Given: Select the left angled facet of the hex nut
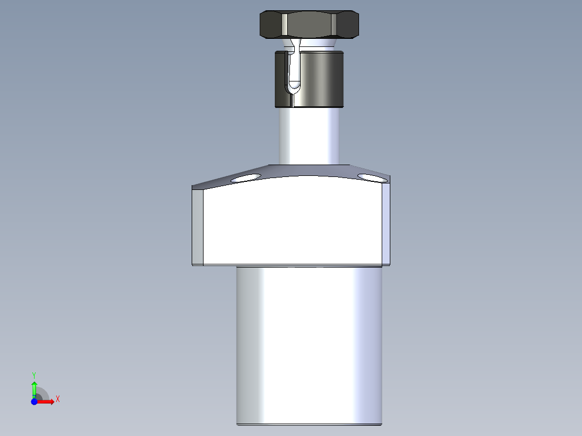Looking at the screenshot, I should point(270,25).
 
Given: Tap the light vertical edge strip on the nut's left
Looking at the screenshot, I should point(284,25).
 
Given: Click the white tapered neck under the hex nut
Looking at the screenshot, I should point(319,44).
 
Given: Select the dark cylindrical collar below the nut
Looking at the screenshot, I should point(319,78).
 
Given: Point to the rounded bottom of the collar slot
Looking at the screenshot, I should point(294,85).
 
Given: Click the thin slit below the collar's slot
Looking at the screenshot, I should point(292,99).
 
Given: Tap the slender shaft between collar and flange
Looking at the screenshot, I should point(309,135).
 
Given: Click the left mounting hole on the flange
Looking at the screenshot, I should point(245,178).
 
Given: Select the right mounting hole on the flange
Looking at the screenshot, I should point(369,177).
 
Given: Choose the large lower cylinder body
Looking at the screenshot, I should point(309,345).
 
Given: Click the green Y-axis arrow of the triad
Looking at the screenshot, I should point(34,387).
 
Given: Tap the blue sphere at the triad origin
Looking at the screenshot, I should point(34,402).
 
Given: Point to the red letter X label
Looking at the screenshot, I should point(57,399).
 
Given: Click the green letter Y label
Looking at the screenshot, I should point(34,374).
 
